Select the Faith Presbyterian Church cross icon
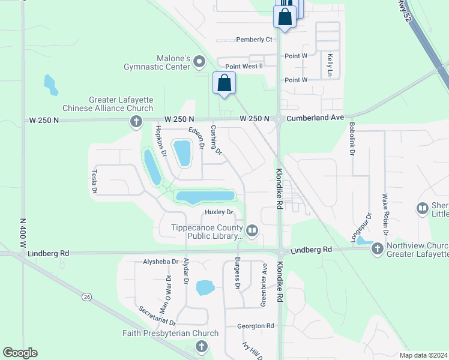201,346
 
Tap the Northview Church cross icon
377,248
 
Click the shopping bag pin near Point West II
224,84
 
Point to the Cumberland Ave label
315,119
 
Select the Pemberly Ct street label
255,40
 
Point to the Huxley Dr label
218,212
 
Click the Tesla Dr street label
94,181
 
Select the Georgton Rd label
255,326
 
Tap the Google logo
20,353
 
